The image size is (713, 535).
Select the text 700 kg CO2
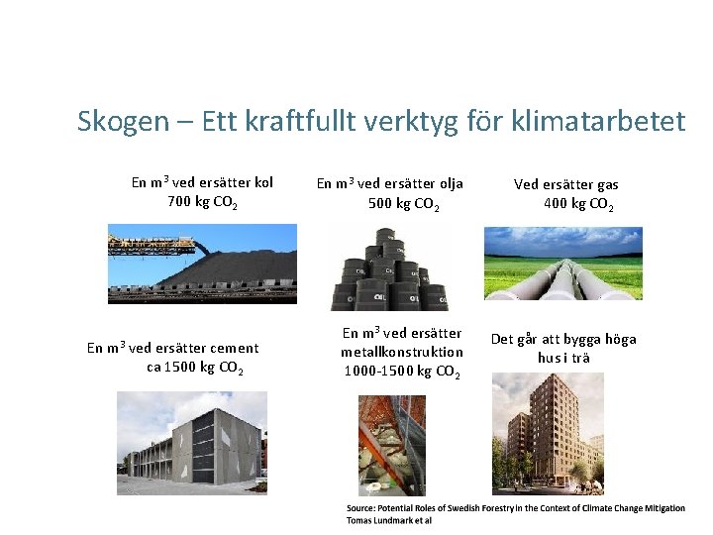[x=203, y=203]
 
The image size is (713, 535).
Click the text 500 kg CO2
[x=403, y=204]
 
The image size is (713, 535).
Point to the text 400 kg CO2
[x=578, y=205]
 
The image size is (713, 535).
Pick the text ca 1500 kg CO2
[x=195, y=368]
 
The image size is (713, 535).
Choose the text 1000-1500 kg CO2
[x=401, y=372]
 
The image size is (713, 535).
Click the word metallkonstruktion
[x=402, y=352]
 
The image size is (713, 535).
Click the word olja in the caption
[x=446, y=183]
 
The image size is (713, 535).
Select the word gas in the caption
[x=608, y=184]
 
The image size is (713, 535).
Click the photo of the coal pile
[x=202, y=264]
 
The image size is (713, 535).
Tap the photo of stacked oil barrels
[x=389, y=267]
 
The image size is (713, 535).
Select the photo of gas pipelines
[x=562, y=264]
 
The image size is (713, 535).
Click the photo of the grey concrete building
[x=191, y=442]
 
